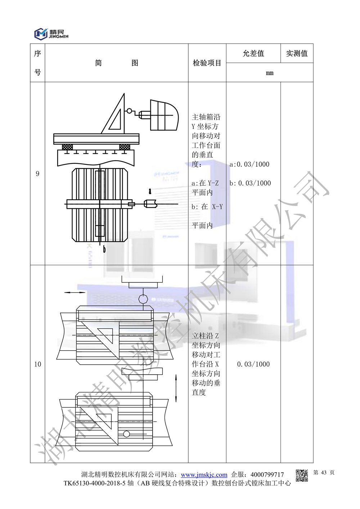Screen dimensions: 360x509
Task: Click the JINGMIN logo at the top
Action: tap(51, 34)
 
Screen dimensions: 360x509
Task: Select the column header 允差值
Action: tap(253, 53)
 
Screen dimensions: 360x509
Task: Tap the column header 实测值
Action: tap(297, 53)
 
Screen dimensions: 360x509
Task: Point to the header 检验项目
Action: tap(207, 63)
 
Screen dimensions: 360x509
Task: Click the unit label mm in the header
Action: tap(270, 73)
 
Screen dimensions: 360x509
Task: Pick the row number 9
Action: tap(37, 174)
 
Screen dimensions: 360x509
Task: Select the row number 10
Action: tap(37, 364)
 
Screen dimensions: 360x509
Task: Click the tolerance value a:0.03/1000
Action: tap(249, 164)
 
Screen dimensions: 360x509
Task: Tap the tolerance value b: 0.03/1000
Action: tap(250, 183)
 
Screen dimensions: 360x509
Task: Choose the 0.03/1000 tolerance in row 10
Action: tap(253, 364)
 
